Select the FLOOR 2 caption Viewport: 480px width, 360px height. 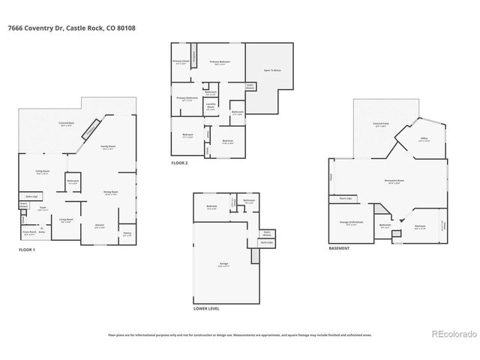tap(179, 162)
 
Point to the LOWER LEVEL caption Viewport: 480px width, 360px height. tap(206, 307)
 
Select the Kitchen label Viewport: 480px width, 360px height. tap(99, 225)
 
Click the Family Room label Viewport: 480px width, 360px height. tap(109, 147)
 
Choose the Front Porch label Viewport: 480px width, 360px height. tap(28, 234)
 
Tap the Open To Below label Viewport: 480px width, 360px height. tap(271, 70)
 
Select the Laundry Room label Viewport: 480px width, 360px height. tap(211, 105)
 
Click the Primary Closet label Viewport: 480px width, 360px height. tap(180, 61)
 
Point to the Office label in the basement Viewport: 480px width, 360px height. tap(424, 139)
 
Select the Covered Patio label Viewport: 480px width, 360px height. tap(380, 124)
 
